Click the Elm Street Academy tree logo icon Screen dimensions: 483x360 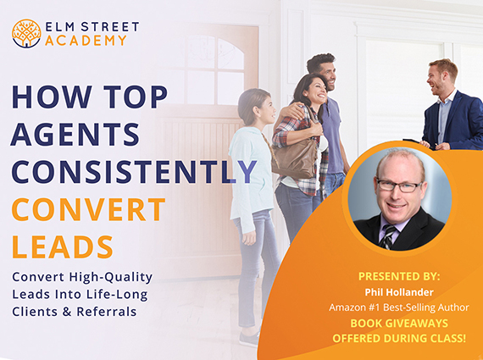26,33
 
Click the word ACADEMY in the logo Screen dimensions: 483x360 86,41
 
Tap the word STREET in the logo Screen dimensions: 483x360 110,27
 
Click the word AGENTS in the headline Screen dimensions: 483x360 75,135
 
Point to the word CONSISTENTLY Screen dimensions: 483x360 134,172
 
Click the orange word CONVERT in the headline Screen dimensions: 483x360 89,210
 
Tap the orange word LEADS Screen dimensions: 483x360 63,247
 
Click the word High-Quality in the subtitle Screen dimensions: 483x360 111,278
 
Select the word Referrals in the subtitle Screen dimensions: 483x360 107,312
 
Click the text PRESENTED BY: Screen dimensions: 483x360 399,276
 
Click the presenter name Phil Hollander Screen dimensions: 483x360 399,292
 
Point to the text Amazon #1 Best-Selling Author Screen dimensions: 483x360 399,307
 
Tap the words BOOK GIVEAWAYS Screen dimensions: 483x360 399,323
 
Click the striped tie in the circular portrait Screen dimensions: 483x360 387,236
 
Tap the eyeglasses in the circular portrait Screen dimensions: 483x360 399,186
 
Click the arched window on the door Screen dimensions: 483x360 215,70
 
